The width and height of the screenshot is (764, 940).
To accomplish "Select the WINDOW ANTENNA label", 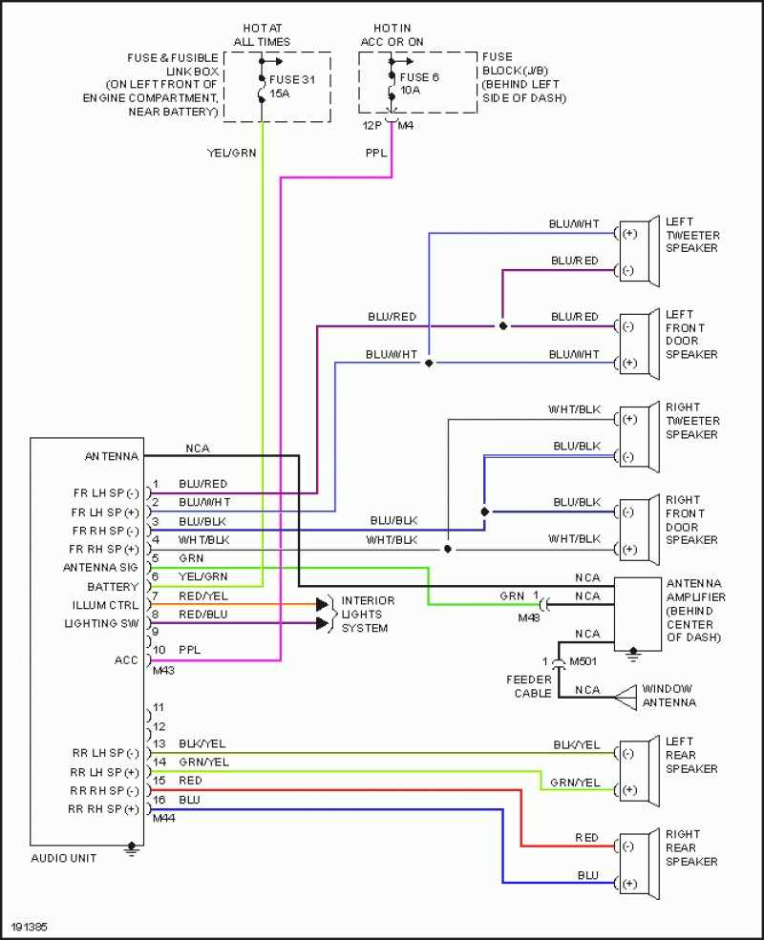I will tap(668, 695).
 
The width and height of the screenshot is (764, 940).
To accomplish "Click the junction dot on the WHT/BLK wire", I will tap(447, 549).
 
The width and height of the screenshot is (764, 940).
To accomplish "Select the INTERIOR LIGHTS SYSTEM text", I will tap(368, 614).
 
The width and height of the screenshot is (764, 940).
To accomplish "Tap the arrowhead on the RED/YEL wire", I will tap(323, 605).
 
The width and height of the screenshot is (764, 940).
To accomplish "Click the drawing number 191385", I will tap(30, 927).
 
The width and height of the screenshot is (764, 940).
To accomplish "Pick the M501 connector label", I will tap(582, 660).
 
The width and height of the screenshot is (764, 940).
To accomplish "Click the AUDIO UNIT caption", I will tap(63, 858).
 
